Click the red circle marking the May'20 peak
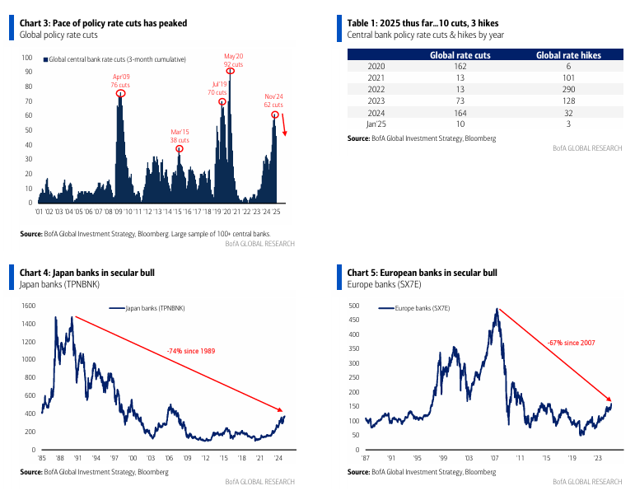pos(230,72)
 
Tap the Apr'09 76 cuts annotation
pos(120,81)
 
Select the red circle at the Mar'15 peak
pos(180,149)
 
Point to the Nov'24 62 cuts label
pos(273,100)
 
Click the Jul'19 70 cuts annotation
pos(217,88)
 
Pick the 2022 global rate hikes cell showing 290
pos(568,89)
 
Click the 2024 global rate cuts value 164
pos(460,113)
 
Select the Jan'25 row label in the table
pos(376,124)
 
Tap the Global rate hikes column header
pos(568,55)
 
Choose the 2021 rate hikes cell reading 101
pos(568,77)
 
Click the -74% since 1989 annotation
pos(191,351)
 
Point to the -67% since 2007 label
pos(572,343)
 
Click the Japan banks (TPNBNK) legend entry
pos(147,308)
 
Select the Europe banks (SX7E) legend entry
pos(414,308)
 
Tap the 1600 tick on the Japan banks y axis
pos(28,306)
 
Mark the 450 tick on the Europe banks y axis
pos(354,320)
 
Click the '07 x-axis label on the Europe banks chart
pos(494,458)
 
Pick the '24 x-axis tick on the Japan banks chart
pos(278,458)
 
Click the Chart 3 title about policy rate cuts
pos(103,23)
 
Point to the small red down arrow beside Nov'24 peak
pos(284,125)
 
